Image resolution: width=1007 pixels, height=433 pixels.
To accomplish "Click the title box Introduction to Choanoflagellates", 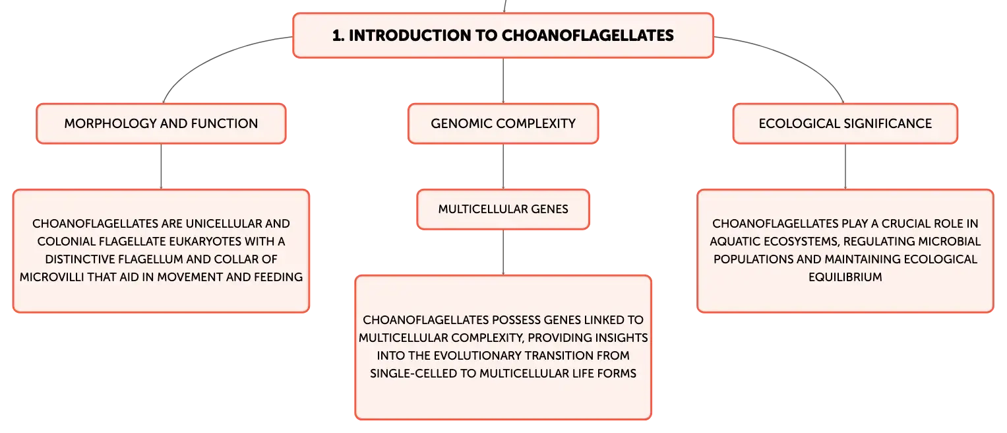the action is (503, 35).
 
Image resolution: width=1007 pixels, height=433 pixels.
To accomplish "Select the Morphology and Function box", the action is (161, 123).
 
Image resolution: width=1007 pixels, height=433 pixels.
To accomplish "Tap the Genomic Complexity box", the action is (503, 123).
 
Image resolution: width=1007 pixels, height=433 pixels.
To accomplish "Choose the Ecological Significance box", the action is (845, 123).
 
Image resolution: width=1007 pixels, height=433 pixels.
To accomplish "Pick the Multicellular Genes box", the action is (503, 209).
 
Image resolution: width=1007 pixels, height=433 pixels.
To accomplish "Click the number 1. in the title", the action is (338, 36).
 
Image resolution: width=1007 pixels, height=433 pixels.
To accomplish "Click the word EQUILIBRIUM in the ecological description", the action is (845, 277).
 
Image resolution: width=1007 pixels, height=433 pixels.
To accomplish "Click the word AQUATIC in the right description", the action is (734, 242).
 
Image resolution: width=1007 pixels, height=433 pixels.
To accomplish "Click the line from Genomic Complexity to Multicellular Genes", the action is (503, 166).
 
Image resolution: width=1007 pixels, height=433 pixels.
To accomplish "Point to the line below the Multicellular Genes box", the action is (503, 252).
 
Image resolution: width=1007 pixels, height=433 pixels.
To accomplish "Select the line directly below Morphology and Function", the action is (161, 166).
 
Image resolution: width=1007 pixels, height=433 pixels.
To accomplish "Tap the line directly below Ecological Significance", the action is (845, 166).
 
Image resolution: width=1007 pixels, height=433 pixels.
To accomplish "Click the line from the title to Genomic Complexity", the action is (503, 81).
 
